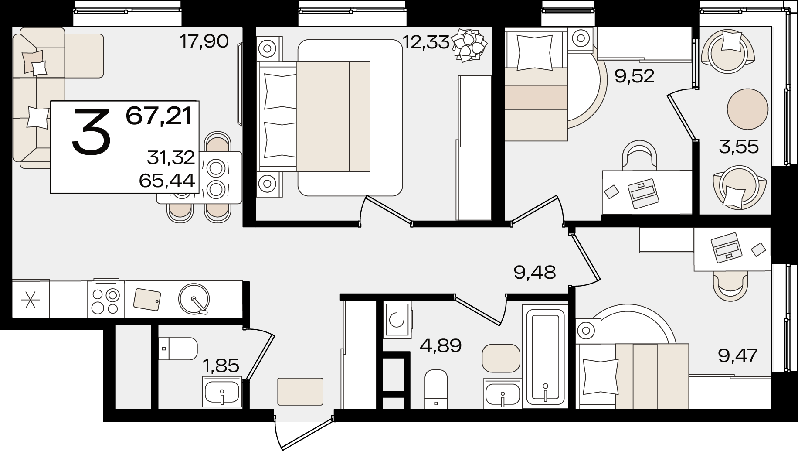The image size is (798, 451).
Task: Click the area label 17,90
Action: [x=204, y=42]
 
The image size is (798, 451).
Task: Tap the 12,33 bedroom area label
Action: [x=425, y=42]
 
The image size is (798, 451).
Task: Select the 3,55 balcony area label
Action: [x=739, y=147]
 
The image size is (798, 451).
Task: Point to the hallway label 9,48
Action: [x=535, y=273]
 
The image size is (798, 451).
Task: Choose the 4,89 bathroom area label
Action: [x=441, y=347]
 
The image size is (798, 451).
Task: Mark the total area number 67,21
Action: [x=159, y=116]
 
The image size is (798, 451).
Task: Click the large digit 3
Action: [x=92, y=132]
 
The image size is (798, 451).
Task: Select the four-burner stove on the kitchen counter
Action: [x=106, y=299]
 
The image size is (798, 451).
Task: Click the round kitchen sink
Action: [x=194, y=299]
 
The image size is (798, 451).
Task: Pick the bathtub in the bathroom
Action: [x=545, y=356]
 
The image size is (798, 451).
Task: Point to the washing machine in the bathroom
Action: [x=397, y=320]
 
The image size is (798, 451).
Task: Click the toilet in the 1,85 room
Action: [x=178, y=348]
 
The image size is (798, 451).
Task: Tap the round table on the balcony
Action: [x=747, y=109]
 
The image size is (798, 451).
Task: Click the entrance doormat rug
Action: [x=300, y=392]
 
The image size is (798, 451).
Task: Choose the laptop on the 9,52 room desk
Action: [x=643, y=193]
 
